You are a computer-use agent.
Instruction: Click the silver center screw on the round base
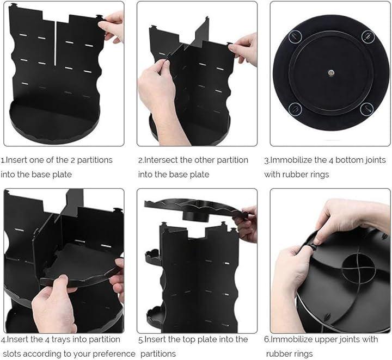tap(331, 73)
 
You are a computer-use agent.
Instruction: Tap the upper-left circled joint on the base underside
tap(295, 36)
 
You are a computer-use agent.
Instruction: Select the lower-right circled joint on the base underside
tap(367, 109)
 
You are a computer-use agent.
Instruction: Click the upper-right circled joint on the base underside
tap(367, 36)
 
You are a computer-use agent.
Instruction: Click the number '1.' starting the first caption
tap(3, 160)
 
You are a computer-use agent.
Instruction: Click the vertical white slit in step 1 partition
tap(55, 44)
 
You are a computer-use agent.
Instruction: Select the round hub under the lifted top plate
tap(196, 216)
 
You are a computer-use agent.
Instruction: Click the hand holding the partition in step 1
tap(113, 26)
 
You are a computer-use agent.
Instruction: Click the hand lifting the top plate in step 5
tap(246, 224)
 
